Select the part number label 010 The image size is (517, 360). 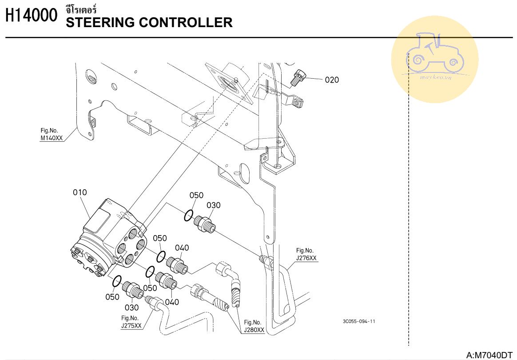(x=80, y=192)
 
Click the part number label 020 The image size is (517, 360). (x=332, y=80)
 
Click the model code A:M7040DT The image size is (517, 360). (x=489, y=355)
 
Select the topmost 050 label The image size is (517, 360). (x=196, y=196)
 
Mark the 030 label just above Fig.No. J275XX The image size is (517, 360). (x=132, y=307)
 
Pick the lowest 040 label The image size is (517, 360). (x=172, y=302)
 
